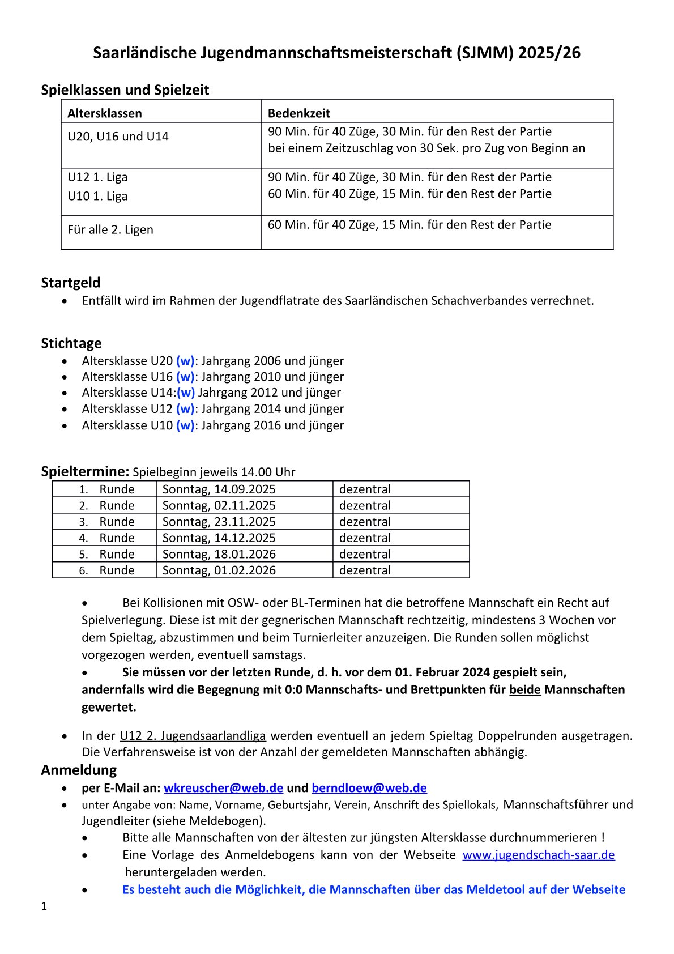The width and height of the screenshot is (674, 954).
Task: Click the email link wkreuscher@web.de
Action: [x=223, y=787]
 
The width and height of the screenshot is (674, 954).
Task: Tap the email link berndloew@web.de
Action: [x=369, y=787]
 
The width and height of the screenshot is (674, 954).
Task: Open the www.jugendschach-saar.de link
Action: [x=538, y=854]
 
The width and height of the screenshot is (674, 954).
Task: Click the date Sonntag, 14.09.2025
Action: [x=219, y=489]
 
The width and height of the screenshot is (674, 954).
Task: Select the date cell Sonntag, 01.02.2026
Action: [x=219, y=570]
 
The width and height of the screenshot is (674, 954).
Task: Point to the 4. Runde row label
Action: [x=107, y=538]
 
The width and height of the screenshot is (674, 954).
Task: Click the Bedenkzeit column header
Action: [x=298, y=113]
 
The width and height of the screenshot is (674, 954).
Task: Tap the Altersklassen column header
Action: [x=105, y=113]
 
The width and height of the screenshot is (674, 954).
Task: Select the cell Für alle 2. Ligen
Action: [x=110, y=229]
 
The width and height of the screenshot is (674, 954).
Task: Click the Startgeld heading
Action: [x=70, y=282]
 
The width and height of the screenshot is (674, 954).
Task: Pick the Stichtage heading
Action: [x=71, y=343]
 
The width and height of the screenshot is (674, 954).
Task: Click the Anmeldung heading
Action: [x=79, y=769]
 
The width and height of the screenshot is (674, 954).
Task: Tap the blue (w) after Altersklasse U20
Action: [x=185, y=361]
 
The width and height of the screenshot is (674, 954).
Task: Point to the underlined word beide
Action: [x=524, y=689]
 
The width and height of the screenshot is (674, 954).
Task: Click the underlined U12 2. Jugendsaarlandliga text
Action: [x=193, y=735]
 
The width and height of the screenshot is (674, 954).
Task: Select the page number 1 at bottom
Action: [x=44, y=906]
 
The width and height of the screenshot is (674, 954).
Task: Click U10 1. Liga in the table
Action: [x=97, y=196]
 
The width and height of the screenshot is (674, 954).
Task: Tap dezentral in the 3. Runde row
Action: [x=365, y=521]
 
